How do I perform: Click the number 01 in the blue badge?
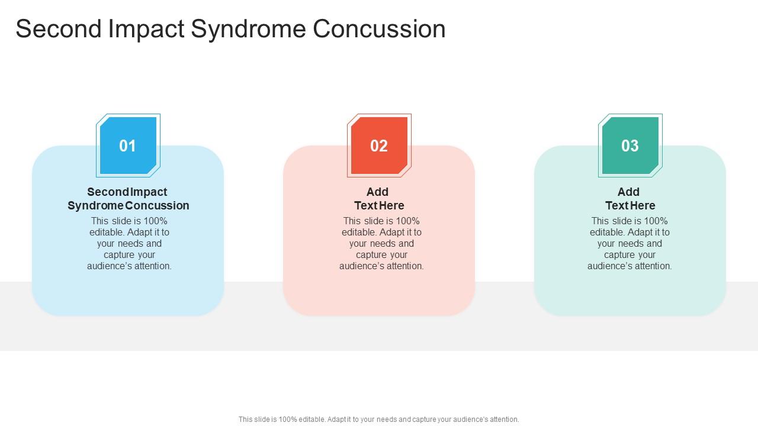point(128,146)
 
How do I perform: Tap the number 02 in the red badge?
point(379,146)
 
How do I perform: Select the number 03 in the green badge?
point(630,146)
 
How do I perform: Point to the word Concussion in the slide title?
point(379,29)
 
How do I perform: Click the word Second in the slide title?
point(58,29)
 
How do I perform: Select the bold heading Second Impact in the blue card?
point(127,192)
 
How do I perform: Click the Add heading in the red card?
point(377,192)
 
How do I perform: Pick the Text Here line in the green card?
point(630,205)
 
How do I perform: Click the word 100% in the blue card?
point(156,221)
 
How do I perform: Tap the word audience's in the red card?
point(362,266)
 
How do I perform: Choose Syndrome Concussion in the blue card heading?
point(129,205)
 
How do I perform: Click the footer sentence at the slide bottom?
point(379,419)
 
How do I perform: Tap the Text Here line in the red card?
point(379,205)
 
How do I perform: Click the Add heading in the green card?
point(628,192)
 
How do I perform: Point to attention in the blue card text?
point(152,266)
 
